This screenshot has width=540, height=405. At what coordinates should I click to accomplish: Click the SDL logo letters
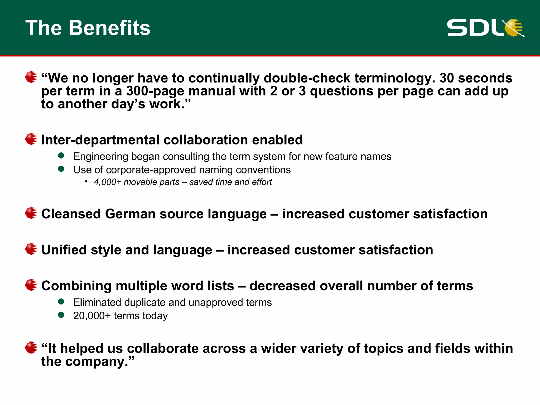tap(475, 28)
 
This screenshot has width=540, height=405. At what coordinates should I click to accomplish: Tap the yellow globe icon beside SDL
tap(514, 27)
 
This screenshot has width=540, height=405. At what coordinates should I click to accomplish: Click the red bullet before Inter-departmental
tap(31, 139)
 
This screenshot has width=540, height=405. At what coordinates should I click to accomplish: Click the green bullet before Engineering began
tap(61, 156)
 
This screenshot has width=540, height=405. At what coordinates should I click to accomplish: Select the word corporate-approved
tap(151, 170)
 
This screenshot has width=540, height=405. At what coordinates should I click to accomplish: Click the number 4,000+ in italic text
tap(108, 182)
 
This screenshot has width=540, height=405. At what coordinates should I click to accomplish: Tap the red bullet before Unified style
tap(31, 249)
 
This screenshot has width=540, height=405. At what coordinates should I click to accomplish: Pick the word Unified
tap(64, 250)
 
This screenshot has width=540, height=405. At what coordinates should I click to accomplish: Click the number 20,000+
tap(92, 316)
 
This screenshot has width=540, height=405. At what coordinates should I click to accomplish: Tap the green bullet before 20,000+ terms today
tap(61, 315)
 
